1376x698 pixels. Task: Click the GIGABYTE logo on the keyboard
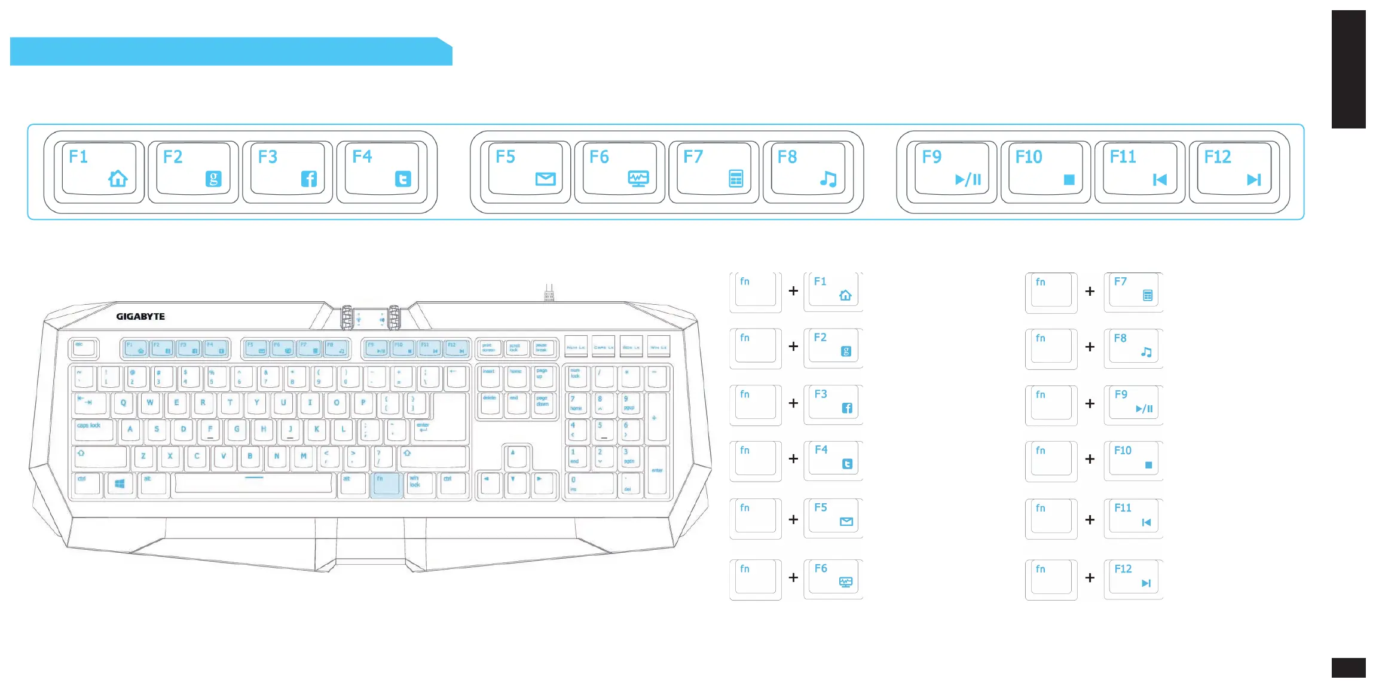coord(140,316)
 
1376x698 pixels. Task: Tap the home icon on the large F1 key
coord(118,179)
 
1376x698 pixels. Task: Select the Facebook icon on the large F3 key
coord(308,179)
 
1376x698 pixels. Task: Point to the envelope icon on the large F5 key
coord(545,179)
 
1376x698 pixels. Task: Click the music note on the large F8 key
coord(828,179)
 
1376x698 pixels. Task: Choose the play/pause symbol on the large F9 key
coord(968,179)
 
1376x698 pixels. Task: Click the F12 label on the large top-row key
coord(1218,157)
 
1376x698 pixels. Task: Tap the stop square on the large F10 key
coord(1069,179)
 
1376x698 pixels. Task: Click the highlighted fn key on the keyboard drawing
coord(386,484)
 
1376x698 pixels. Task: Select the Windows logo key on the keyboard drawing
coord(120,483)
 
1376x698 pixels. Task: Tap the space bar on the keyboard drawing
coord(254,483)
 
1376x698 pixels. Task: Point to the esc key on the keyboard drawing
coord(83,347)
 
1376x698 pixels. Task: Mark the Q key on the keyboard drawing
coord(123,403)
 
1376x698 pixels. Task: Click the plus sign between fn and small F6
coord(793,578)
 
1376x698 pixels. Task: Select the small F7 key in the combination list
coord(1133,291)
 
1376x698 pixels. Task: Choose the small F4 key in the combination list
coord(833,460)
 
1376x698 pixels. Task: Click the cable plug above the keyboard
coord(549,293)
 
